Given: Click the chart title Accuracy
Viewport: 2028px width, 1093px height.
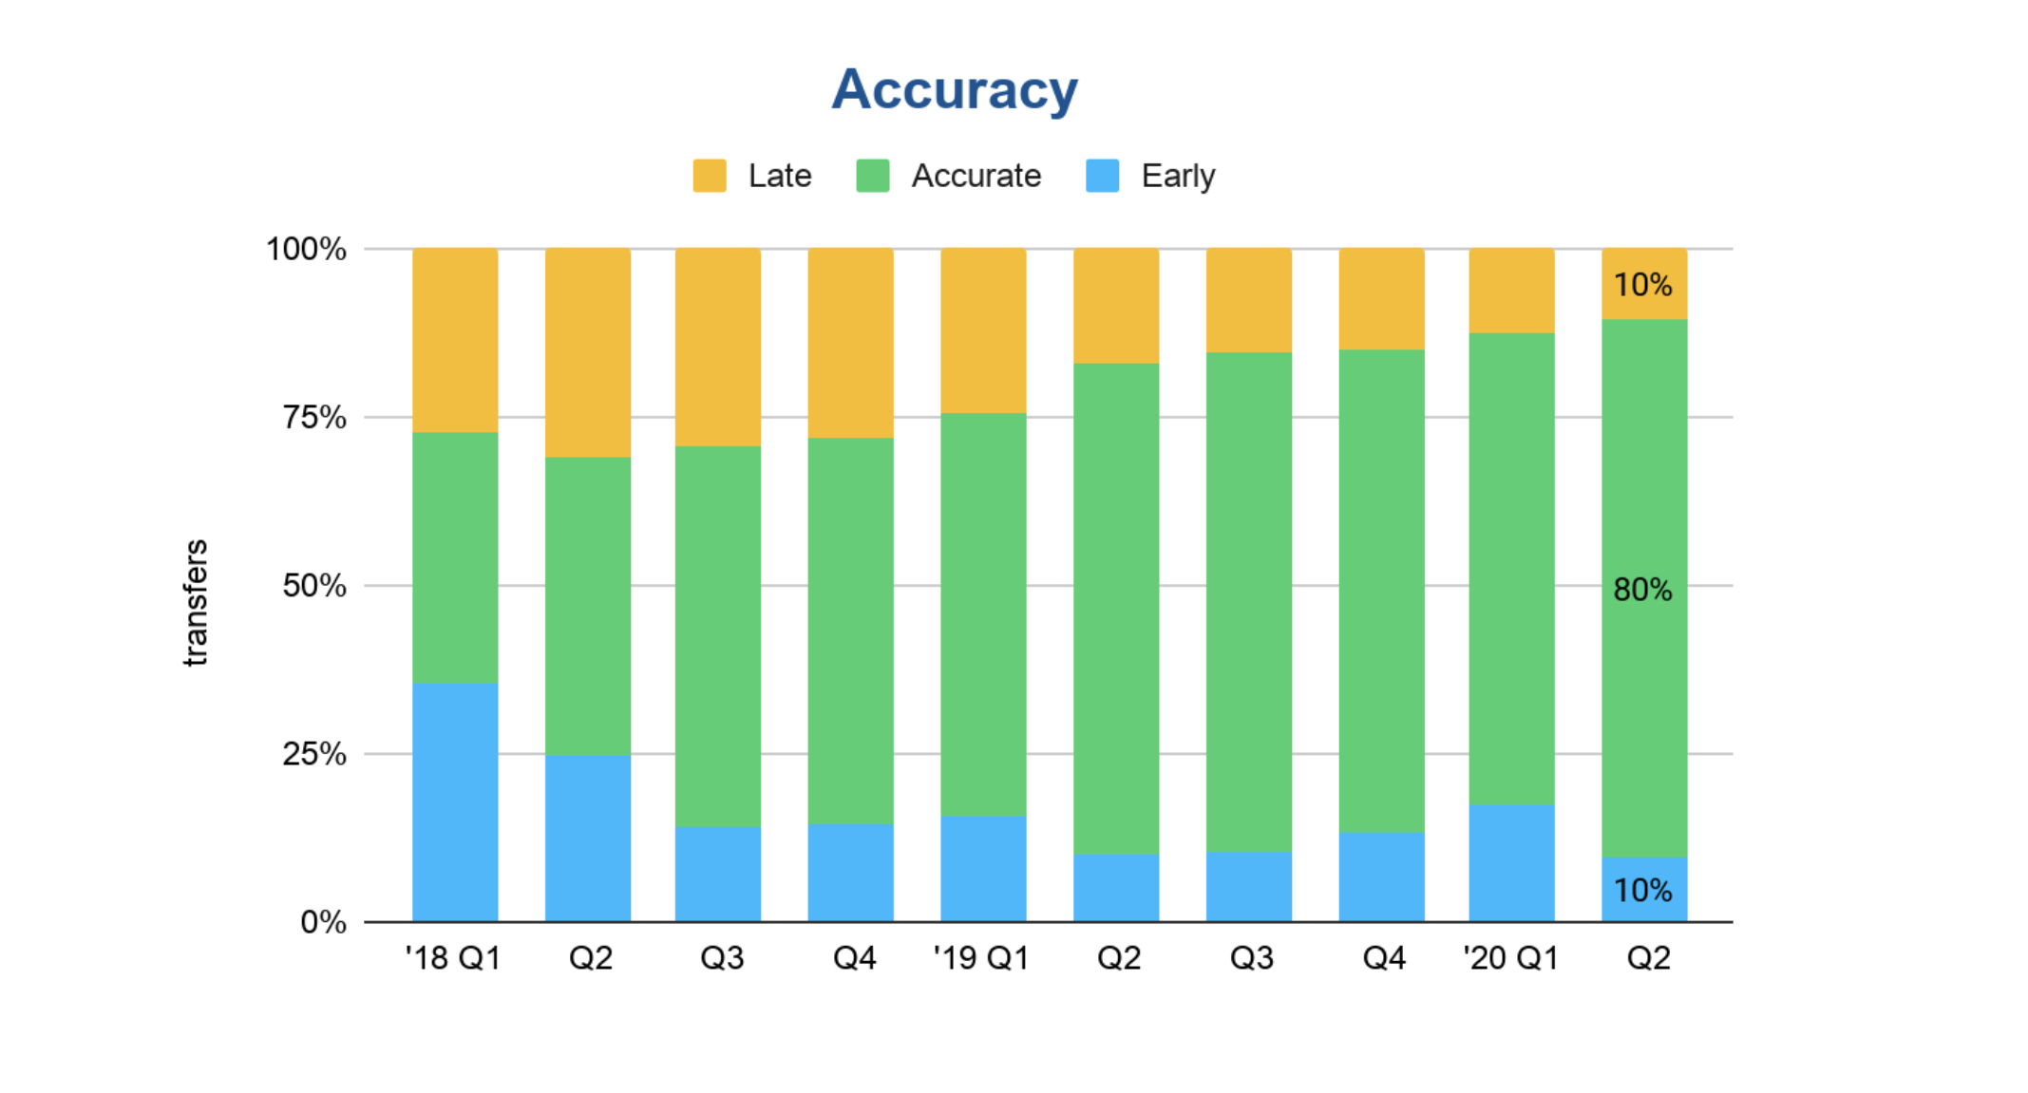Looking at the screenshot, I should click(x=955, y=90).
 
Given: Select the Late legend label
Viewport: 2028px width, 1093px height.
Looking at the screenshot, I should click(x=779, y=176).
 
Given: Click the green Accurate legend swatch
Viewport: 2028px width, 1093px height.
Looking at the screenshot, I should click(x=872, y=176).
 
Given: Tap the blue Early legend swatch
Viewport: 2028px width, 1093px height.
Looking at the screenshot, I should click(x=1102, y=176).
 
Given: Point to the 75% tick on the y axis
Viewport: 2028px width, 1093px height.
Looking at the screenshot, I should click(x=314, y=417).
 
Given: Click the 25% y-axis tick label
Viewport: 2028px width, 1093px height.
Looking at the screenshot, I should click(x=314, y=754).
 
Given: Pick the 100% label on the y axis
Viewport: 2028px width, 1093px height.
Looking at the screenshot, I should click(x=306, y=249).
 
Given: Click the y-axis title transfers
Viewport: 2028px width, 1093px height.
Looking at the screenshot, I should click(x=195, y=602).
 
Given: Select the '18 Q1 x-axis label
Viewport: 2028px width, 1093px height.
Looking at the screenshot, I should click(x=453, y=957).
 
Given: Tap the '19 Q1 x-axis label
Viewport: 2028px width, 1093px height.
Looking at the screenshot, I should click(x=981, y=957).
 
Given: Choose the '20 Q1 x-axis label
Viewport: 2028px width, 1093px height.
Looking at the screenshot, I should click(x=1510, y=957).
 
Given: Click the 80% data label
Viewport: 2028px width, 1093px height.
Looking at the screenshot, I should click(x=1642, y=590).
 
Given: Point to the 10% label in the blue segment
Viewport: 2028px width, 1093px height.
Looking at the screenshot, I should click(x=1642, y=891).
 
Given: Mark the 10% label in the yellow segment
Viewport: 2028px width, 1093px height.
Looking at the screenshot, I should click(x=1642, y=285).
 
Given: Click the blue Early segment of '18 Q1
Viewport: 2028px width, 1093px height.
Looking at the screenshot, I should click(x=455, y=802).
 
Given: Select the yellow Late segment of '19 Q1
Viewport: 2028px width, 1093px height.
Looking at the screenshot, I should click(x=983, y=330).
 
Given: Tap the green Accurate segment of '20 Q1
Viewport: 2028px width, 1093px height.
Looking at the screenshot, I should click(x=1511, y=569).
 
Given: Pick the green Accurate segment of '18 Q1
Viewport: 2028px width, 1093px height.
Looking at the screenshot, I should click(x=455, y=557).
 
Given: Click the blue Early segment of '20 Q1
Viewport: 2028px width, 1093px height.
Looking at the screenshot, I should click(x=1511, y=863).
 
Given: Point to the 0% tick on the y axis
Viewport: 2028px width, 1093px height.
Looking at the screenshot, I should click(x=323, y=922).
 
